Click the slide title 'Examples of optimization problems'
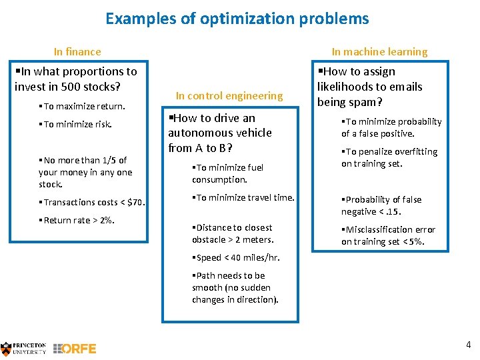click(x=237, y=19)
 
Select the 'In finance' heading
click(x=77, y=51)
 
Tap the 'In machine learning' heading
click(x=379, y=51)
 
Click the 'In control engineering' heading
click(x=229, y=95)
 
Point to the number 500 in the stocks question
click(x=71, y=87)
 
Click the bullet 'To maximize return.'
click(x=82, y=107)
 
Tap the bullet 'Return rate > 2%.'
click(x=77, y=220)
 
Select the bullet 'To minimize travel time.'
click(x=243, y=197)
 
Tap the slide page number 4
click(x=468, y=345)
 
